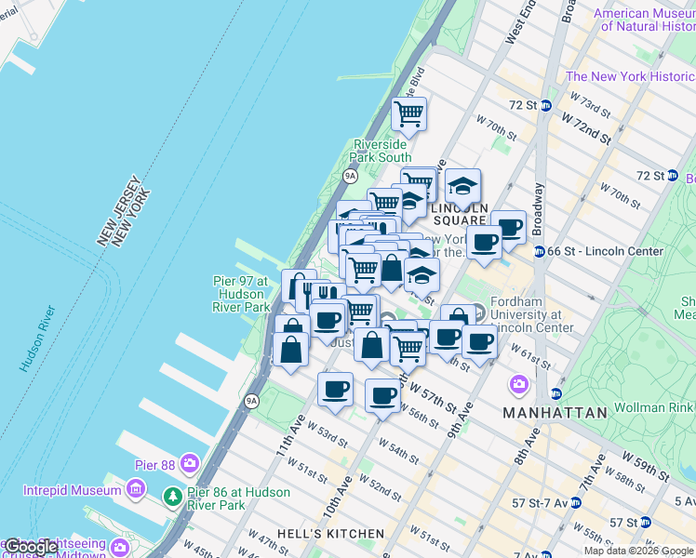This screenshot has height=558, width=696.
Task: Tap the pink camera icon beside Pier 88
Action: tap(191, 462)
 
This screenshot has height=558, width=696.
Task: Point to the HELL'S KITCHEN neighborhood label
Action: tap(316, 534)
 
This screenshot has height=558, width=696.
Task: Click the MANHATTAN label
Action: tap(555, 411)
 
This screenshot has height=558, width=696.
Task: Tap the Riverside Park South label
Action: tap(380, 151)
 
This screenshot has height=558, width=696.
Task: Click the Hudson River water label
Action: tap(39, 339)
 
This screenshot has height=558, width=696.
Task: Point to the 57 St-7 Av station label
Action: tap(539, 502)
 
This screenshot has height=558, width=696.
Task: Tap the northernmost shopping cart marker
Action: tap(409, 114)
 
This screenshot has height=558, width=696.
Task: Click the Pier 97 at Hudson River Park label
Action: tap(239, 294)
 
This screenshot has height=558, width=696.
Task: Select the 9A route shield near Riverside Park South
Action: tap(350, 175)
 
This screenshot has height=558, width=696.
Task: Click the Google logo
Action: tap(32, 547)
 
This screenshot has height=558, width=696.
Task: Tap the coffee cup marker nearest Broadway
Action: tap(508, 226)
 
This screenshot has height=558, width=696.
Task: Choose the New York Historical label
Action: tap(630, 76)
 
